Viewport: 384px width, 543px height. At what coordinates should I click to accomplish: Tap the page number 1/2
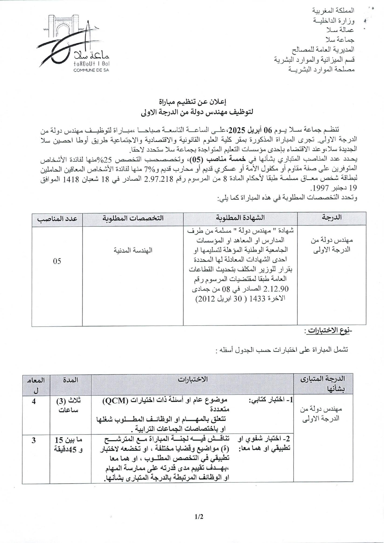pyautogui.click(x=199, y=517)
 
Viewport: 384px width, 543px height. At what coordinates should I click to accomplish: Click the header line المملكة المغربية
pyautogui.click(x=333, y=11)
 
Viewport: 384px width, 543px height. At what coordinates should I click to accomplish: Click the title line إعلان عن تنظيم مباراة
pyautogui.click(x=192, y=102)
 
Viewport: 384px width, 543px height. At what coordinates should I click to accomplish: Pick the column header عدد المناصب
pyautogui.click(x=57, y=218)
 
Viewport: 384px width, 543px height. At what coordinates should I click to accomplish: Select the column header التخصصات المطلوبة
pyautogui.click(x=133, y=218)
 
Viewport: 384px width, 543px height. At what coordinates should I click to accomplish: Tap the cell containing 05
pyautogui.click(x=57, y=261)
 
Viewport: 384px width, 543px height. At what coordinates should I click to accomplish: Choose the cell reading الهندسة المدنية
pyautogui.click(x=133, y=250)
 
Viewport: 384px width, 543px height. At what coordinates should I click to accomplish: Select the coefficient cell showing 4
pyautogui.click(x=34, y=401)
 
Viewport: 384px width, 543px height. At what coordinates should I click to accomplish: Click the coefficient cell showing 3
pyautogui.click(x=34, y=440)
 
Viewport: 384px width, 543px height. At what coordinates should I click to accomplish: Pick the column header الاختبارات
pyautogui.click(x=192, y=379)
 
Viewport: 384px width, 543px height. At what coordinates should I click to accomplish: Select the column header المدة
pyautogui.click(x=70, y=380)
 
